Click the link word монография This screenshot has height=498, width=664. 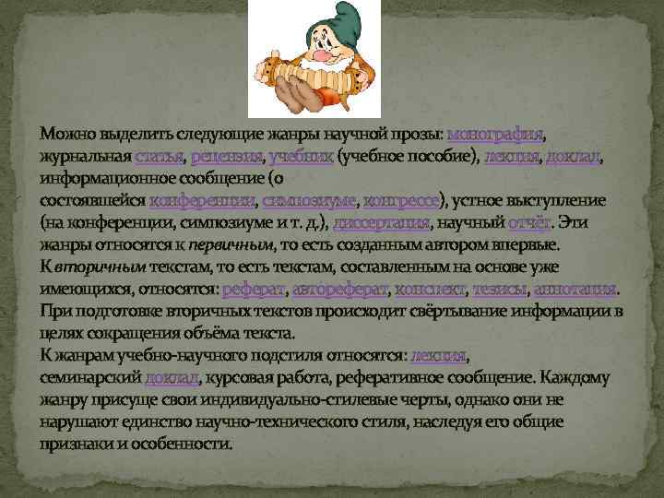pyautogui.click(x=493, y=136)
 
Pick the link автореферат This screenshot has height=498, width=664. pyautogui.click(x=340, y=290)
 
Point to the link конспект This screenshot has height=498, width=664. pyautogui.click(x=429, y=290)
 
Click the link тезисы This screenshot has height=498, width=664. pyautogui.click(x=500, y=290)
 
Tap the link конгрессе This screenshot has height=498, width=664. pyautogui.click(x=404, y=202)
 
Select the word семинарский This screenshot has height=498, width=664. pyautogui.click(x=91, y=379)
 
